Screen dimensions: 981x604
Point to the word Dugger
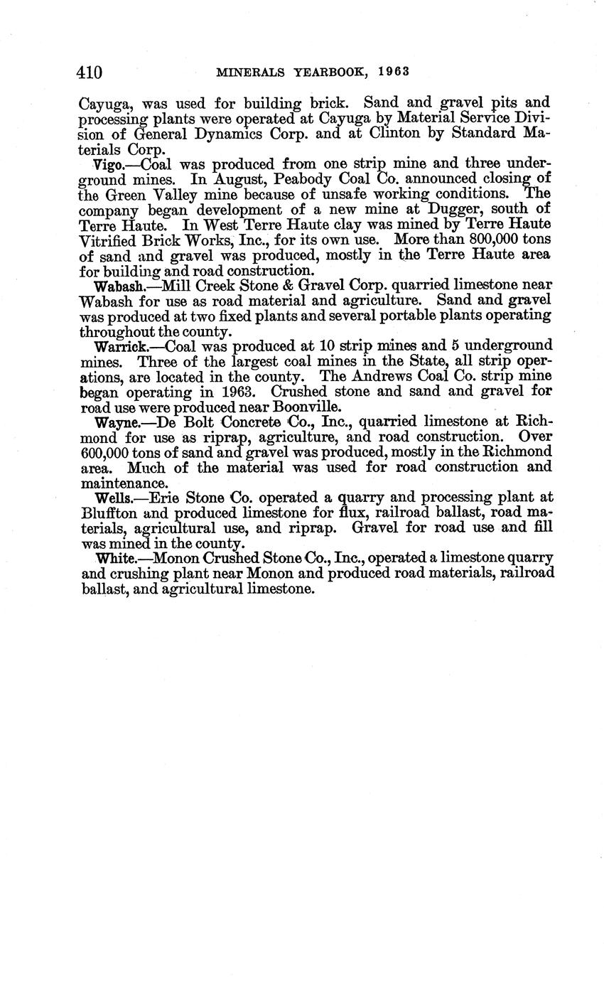(x=454, y=208)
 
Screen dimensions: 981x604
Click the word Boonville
(x=305, y=407)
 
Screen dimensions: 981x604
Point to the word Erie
(x=166, y=497)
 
